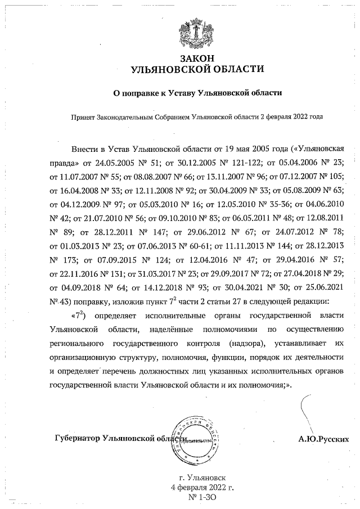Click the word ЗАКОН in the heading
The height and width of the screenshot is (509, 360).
point(196,58)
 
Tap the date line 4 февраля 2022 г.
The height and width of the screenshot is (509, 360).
point(202,487)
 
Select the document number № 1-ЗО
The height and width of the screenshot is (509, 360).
point(201,498)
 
